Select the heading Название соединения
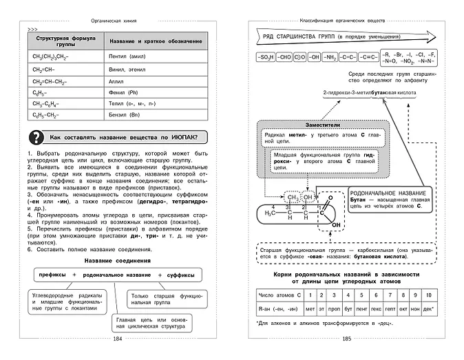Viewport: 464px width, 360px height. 117,261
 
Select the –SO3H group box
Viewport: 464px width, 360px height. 265,56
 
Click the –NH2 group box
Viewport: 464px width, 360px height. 332,56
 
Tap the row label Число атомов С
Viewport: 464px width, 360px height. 275,295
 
